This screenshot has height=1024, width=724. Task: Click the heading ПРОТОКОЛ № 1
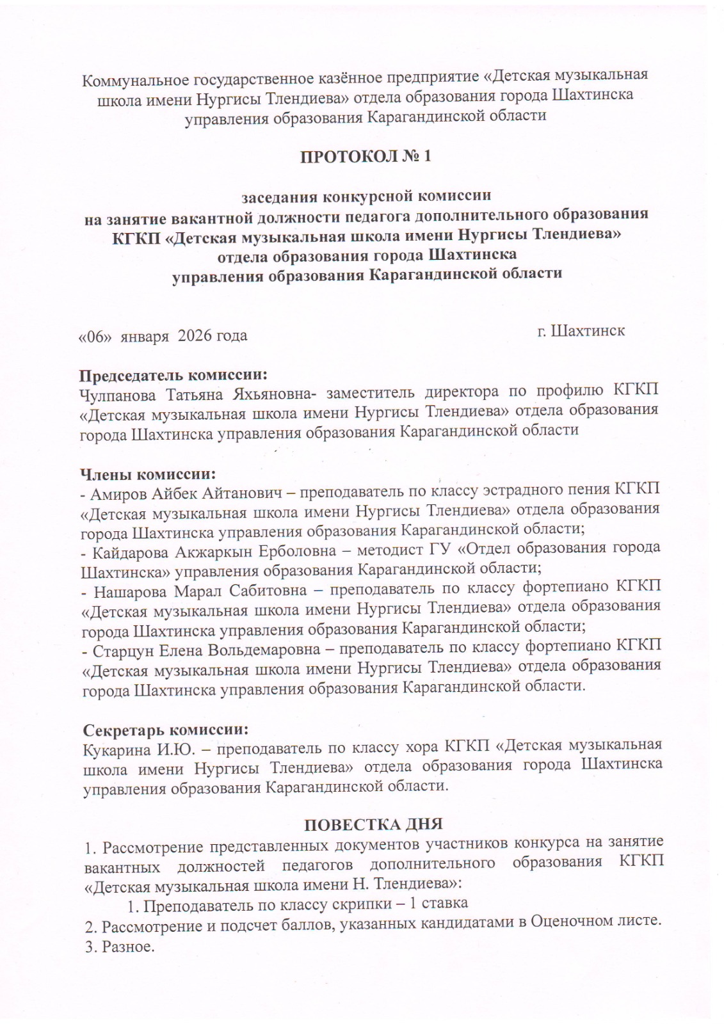click(366, 156)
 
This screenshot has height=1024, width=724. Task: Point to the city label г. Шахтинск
click(581, 332)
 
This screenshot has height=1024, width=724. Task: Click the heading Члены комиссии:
click(147, 474)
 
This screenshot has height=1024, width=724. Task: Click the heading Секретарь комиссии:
click(165, 730)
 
